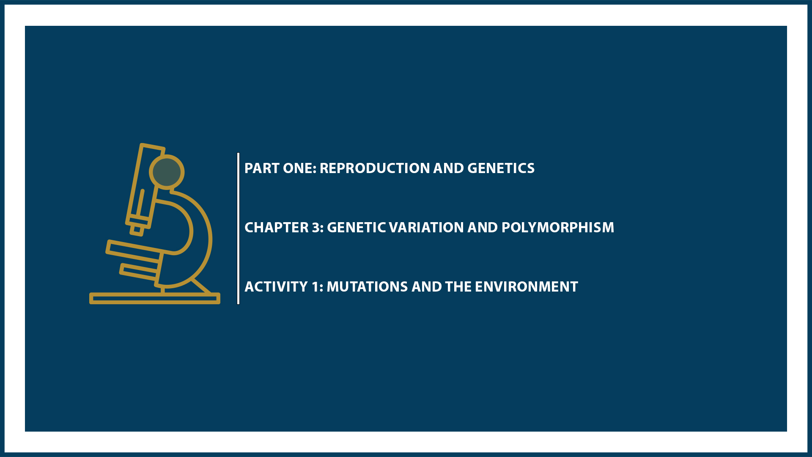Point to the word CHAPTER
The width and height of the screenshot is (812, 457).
click(x=277, y=228)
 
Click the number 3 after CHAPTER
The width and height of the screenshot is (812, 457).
click(x=317, y=228)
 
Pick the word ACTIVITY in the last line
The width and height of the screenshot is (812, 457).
click(x=276, y=287)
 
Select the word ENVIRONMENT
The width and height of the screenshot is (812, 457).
click(x=526, y=287)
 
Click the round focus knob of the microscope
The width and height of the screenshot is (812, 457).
click(x=167, y=172)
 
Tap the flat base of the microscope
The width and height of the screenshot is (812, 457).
click(x=154, y=299)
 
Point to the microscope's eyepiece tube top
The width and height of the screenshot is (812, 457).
click(x=152, y=149)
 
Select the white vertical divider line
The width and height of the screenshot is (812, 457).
click(x=239, y=228)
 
